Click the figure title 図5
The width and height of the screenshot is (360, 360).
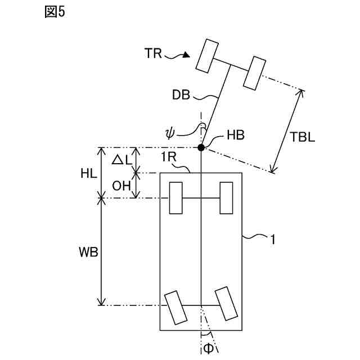[x=55, y=12]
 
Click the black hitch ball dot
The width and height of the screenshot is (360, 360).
[x=201, y=147]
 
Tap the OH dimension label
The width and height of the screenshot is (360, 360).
[x=121, y=186]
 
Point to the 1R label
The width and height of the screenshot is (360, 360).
[x=170, y=157]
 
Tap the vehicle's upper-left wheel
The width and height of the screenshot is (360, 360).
[x=175, y=198]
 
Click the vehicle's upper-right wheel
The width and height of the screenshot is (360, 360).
[x=226, y=198]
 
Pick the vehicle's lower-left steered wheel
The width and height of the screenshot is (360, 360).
[x=175, y=307]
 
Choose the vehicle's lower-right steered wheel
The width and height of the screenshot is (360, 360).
[x=226, y=304]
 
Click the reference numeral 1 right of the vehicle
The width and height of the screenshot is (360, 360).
[x=273, y=239]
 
